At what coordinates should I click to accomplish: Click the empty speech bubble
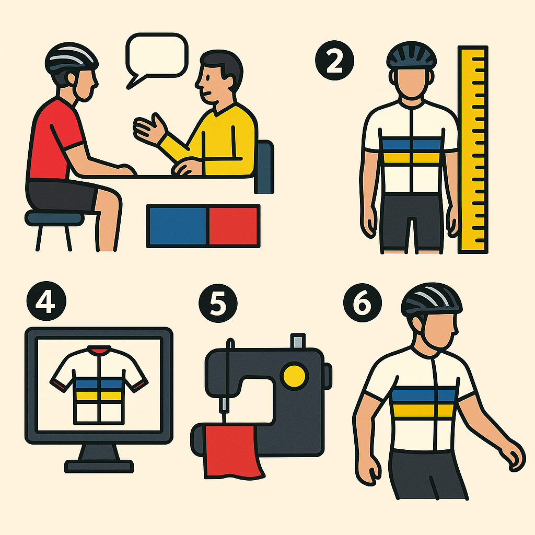tap(157, 54)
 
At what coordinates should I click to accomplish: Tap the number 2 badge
tap(334, 61)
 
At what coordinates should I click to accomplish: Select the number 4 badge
tap(46, 301)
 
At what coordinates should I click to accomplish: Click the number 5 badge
tap(218, 304)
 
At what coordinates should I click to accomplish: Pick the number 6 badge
tap(363, 303)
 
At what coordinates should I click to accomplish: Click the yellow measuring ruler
tap(473, 149)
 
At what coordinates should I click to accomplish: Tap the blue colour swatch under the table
tap(178, 226)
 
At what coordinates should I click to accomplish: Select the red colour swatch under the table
tap(234, 226)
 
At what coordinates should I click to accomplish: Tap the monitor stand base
tap(99, 467)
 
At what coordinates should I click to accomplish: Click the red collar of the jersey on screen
tap(99, 350)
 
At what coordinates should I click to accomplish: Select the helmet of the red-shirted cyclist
tap(71, 58)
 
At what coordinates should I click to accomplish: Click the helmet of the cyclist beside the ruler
tap(412, 55)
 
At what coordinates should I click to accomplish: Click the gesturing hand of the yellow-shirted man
tap(149, 129)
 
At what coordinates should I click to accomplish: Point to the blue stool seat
tap(54, 218)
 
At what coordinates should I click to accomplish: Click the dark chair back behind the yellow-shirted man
tap(265, 167)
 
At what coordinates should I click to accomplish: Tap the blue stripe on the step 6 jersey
tap(423, 395)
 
